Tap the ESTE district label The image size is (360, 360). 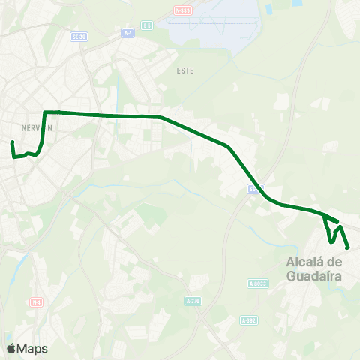184,70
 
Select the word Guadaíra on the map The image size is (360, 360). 314,275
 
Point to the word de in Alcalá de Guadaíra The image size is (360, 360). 335,262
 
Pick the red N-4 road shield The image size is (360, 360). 36,301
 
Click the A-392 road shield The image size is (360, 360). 249,319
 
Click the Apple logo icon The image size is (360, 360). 10,349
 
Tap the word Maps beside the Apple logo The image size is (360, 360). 32,349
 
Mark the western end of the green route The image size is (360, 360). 12,142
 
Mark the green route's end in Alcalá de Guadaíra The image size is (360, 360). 349,247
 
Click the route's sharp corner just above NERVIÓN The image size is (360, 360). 46,112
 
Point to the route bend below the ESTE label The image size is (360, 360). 161,117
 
